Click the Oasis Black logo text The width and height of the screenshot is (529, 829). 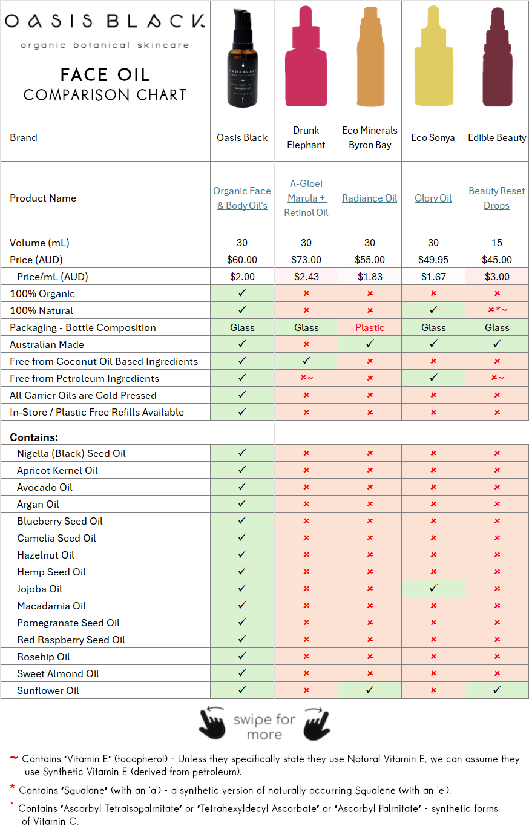pyautogui.click(x=105, y=22)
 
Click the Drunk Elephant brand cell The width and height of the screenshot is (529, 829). pyautogui.click(x=306, y=137)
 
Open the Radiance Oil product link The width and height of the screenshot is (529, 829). pyautogui.click(x=370, y=198)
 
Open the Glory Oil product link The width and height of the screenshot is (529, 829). pyautogui.click(x=433, y=198)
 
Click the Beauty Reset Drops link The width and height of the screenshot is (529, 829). pyautogui.click(x=497, y=198)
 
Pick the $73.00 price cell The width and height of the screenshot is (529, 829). pyautogui.click(x=306, y=260)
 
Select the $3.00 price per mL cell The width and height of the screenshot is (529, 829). pyautogui.click(x=497, y=277)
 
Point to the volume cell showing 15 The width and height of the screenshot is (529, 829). pyautogui.click(x=497, y=243)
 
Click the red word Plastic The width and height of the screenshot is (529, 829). pyautogui.click(x=370, y=327)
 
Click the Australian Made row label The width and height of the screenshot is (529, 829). pyautogui.click(x=47, y=344)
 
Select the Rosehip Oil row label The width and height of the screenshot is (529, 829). pyautogui.click(x=44, y=657)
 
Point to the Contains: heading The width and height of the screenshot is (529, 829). pyautogui.click(x=34, y=437)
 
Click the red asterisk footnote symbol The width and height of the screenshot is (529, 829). pyautogui.click(x=12, y=788)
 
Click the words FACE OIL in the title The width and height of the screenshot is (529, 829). pyautogui.click(x=105, y=74)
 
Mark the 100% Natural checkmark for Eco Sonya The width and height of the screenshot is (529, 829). pyautogui.click(x=433, y=310)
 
